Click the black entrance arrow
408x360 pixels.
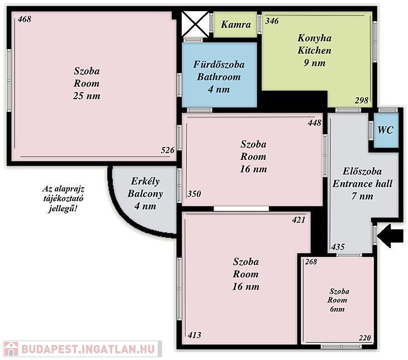tap(390, 236)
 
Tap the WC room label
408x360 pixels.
tap(385, 130)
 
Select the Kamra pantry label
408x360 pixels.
tap(236, 25)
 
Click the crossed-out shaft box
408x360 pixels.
tap(195, 24)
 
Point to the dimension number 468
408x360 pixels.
tap(25, 19)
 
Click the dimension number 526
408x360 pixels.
tap(168, 150)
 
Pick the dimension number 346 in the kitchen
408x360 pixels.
tap(272, 21)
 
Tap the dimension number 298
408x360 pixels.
tap(362, 100)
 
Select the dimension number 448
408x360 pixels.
tap(315, 122)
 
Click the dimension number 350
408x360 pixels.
tap(194, 194)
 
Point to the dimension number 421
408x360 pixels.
tap(298, 220)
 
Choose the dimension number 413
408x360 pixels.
tap(194, 335)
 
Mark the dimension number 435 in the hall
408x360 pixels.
tap(338, 247)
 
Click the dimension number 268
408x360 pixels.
tap(311, 262)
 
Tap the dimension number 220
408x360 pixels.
tap(364, 338)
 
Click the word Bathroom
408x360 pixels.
tap(219, 77)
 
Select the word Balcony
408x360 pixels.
tap(145, 193)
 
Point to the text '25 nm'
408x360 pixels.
tap(87, 96)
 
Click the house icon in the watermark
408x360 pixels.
tap(11, 349)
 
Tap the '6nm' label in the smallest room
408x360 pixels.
tap(337, 309)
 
